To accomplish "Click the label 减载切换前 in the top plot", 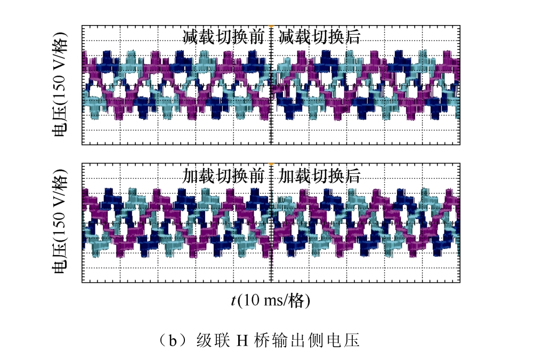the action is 223,37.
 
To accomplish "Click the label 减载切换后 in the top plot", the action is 319,37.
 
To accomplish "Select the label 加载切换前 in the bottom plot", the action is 223,176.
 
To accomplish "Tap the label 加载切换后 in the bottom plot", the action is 319,176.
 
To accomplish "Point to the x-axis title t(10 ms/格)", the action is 271,300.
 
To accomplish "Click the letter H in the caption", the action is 242,341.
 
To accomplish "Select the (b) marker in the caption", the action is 172,341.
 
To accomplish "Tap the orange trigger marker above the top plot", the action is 271,26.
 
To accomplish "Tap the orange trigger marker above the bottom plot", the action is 271,163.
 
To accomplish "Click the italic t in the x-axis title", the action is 233,300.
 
